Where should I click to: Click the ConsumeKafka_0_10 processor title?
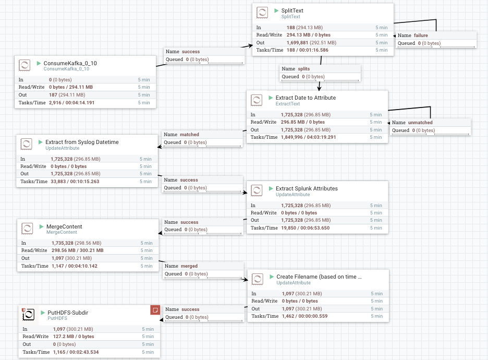coord(70,63)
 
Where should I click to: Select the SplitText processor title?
coord(292,10)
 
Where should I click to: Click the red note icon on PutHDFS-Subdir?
coord(154,310)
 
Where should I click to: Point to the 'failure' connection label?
coord(421,35)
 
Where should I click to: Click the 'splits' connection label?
coord(303,69)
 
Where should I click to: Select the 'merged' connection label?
coord(189,266)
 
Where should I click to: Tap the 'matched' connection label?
coord(189,135)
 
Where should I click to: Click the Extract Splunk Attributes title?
coord(307,188)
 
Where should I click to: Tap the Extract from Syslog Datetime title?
coord(82,142)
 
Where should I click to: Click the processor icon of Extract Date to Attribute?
coord(256,100)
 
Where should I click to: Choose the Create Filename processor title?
coord(319,277)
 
